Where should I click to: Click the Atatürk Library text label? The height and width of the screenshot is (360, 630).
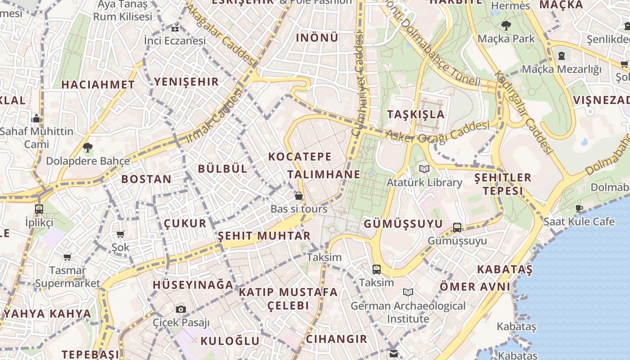click(424, 183)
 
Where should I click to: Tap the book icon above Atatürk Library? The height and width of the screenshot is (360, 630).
click(424, 169)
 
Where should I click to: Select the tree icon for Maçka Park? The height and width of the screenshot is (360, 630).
click(506, 26)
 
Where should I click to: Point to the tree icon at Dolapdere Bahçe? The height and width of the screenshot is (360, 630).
click(88, 147)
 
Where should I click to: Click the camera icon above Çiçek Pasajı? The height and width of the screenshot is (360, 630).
click(181, 309)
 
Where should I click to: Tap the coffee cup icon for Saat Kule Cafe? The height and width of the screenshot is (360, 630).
click(579, 208)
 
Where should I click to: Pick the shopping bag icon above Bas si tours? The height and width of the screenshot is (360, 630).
click(298, 196)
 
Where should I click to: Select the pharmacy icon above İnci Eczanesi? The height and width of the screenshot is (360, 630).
click(175, 28)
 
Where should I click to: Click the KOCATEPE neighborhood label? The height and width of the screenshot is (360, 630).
click(300, 157)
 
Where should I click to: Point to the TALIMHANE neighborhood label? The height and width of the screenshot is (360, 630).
click(324, 174)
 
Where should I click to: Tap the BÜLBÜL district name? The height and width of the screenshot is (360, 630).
click(223, 169)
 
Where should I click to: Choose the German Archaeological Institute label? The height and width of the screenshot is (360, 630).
click(408, 312)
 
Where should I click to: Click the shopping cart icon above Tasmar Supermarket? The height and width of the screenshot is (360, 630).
click(67, 257)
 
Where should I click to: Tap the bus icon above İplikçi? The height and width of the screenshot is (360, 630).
click(39, 209)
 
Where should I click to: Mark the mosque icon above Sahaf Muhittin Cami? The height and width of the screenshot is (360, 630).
click(36, 118)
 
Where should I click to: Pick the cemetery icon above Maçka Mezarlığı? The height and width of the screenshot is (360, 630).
click(561, 56)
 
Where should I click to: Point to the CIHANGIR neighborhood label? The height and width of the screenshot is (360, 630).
click(336, 339)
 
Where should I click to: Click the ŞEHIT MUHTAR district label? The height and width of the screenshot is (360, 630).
click(264, 236)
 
